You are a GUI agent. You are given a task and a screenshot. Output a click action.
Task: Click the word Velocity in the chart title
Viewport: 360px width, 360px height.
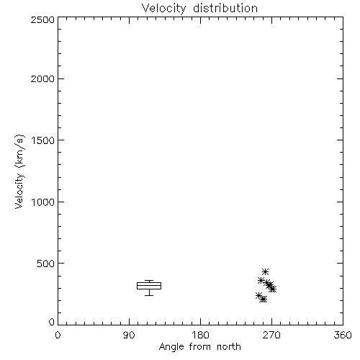163,9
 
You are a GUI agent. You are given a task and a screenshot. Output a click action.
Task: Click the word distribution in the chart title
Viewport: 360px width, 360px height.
225,8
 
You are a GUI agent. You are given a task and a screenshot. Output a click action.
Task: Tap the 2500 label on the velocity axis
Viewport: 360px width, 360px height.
42,19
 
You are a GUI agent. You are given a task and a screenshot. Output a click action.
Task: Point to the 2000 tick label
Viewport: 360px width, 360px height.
42,78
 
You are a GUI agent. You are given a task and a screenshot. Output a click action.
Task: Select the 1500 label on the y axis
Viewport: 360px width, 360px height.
43,140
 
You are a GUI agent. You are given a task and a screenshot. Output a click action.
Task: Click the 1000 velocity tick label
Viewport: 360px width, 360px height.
43,202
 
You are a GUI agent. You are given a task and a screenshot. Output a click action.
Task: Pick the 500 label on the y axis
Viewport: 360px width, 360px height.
46,264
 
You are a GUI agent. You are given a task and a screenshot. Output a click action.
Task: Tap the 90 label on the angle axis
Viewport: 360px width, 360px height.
129,335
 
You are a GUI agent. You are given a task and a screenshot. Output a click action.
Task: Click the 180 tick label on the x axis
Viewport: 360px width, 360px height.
200,335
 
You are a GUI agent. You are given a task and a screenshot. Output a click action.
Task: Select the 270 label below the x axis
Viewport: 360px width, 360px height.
271,335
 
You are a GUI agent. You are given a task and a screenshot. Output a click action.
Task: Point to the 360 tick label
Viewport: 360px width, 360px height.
343,335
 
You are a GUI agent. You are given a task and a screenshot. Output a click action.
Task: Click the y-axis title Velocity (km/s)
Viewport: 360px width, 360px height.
19,171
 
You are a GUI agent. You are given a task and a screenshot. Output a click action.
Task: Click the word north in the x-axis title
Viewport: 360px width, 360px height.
229,347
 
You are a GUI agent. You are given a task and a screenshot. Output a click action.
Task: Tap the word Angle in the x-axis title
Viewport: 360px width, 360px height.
171,347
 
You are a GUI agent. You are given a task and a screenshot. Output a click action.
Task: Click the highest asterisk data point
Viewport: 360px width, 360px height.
265,271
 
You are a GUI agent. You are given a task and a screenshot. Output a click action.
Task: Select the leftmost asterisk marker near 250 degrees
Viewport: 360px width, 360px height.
258,295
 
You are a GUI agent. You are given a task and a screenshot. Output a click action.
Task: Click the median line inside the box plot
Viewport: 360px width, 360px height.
149,285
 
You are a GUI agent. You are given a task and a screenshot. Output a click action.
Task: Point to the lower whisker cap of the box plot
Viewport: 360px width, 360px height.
149,295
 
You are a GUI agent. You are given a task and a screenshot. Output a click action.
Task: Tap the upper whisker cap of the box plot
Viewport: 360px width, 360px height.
149,280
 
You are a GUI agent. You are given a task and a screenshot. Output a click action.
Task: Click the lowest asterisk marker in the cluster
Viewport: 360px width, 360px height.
263,300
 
